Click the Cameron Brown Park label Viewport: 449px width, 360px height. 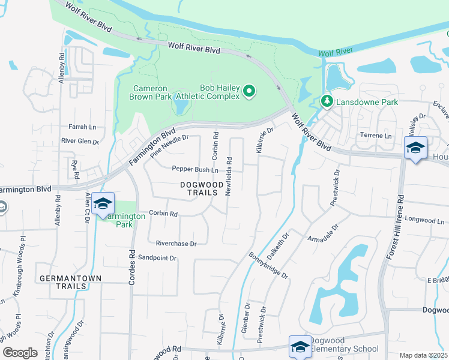click(x=150, y=92)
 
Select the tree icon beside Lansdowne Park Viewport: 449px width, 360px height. click(x=327, y=102)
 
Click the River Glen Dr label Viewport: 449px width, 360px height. click(x=80, y=141)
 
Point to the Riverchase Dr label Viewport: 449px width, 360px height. click(x=176, y=244)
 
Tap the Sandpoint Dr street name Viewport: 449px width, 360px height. click(x=157, y=258)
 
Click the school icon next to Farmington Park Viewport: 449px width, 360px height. click(x=103, y=204)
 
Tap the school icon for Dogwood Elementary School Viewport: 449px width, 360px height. click(x=300, y=346)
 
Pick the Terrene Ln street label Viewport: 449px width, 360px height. click(x=375, y=136)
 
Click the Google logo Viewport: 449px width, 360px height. click(x=20, y=352)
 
